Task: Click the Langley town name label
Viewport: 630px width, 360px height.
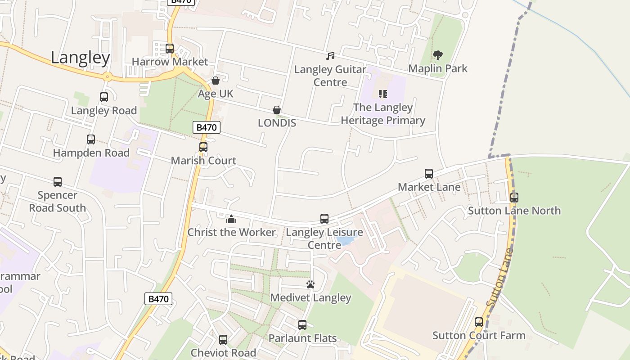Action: coord(80,58)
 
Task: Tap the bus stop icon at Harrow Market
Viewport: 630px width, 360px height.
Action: coord(170,48)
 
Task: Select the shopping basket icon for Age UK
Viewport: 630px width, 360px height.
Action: coord(216,81)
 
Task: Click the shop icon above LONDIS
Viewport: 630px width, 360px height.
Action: coord(277,110)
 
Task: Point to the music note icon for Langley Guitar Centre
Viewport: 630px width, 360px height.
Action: coord(330,56)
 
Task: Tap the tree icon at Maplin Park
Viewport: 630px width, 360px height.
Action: coord(437,55)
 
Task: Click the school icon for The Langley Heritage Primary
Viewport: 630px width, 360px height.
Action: coord(383,94)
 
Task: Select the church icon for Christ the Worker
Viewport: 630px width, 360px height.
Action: coord(231,219)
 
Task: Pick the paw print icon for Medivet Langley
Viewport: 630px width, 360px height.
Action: coord(310,284)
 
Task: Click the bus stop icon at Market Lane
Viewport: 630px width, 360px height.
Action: coord(429,173)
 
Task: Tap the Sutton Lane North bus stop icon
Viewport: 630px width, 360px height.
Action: coord(514,197)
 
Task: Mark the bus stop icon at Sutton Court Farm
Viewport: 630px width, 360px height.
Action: coord(479,322)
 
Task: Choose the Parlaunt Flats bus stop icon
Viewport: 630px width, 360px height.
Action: coord(302,324)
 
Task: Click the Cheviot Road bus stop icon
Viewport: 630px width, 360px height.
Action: coord(223,340)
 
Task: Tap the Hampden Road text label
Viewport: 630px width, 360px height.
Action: coord(91,153)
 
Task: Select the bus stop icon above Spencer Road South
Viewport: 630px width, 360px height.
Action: coord(58,182)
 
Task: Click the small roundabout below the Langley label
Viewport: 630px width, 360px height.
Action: coord(107,76)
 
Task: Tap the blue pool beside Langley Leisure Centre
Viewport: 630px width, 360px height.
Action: coord(347,239)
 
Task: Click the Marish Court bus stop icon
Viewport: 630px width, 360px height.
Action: coord(203,147)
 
